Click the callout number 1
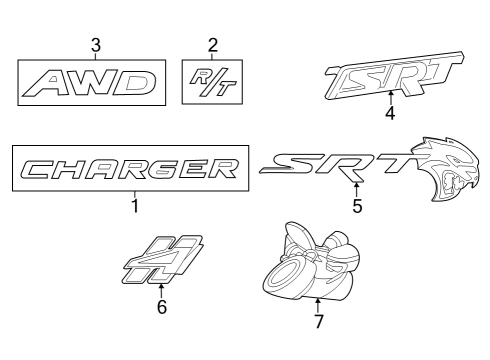pyautogui.click(x=133, y=208)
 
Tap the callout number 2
pyautogui.click(x=212, y=44)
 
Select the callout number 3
pyautogui.click(x=95, y=44)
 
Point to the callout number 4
pyautogui.click(x=389, y=114)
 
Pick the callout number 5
pyautogui.click(x=357, y=207)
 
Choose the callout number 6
pyautogui.click(x=162, y=307)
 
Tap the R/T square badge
pyautogui.click(x=212, y=81)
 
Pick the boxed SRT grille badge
pyautogui.click(x=392, y=78)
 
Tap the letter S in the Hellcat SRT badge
pyautogui.click(x=300, y=166)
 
